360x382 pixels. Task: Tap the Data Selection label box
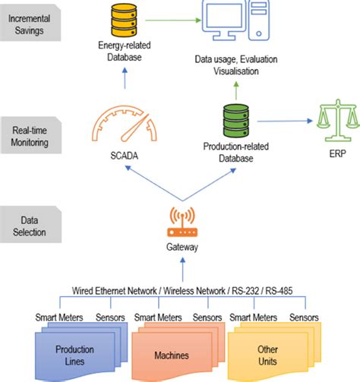[x=30, y=224]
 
